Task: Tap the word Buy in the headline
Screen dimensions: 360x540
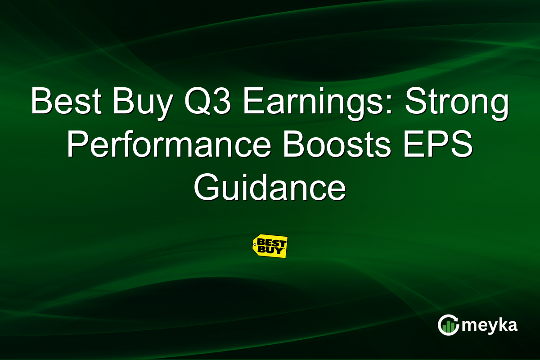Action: pyautogui.click(x=135, y=102)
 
